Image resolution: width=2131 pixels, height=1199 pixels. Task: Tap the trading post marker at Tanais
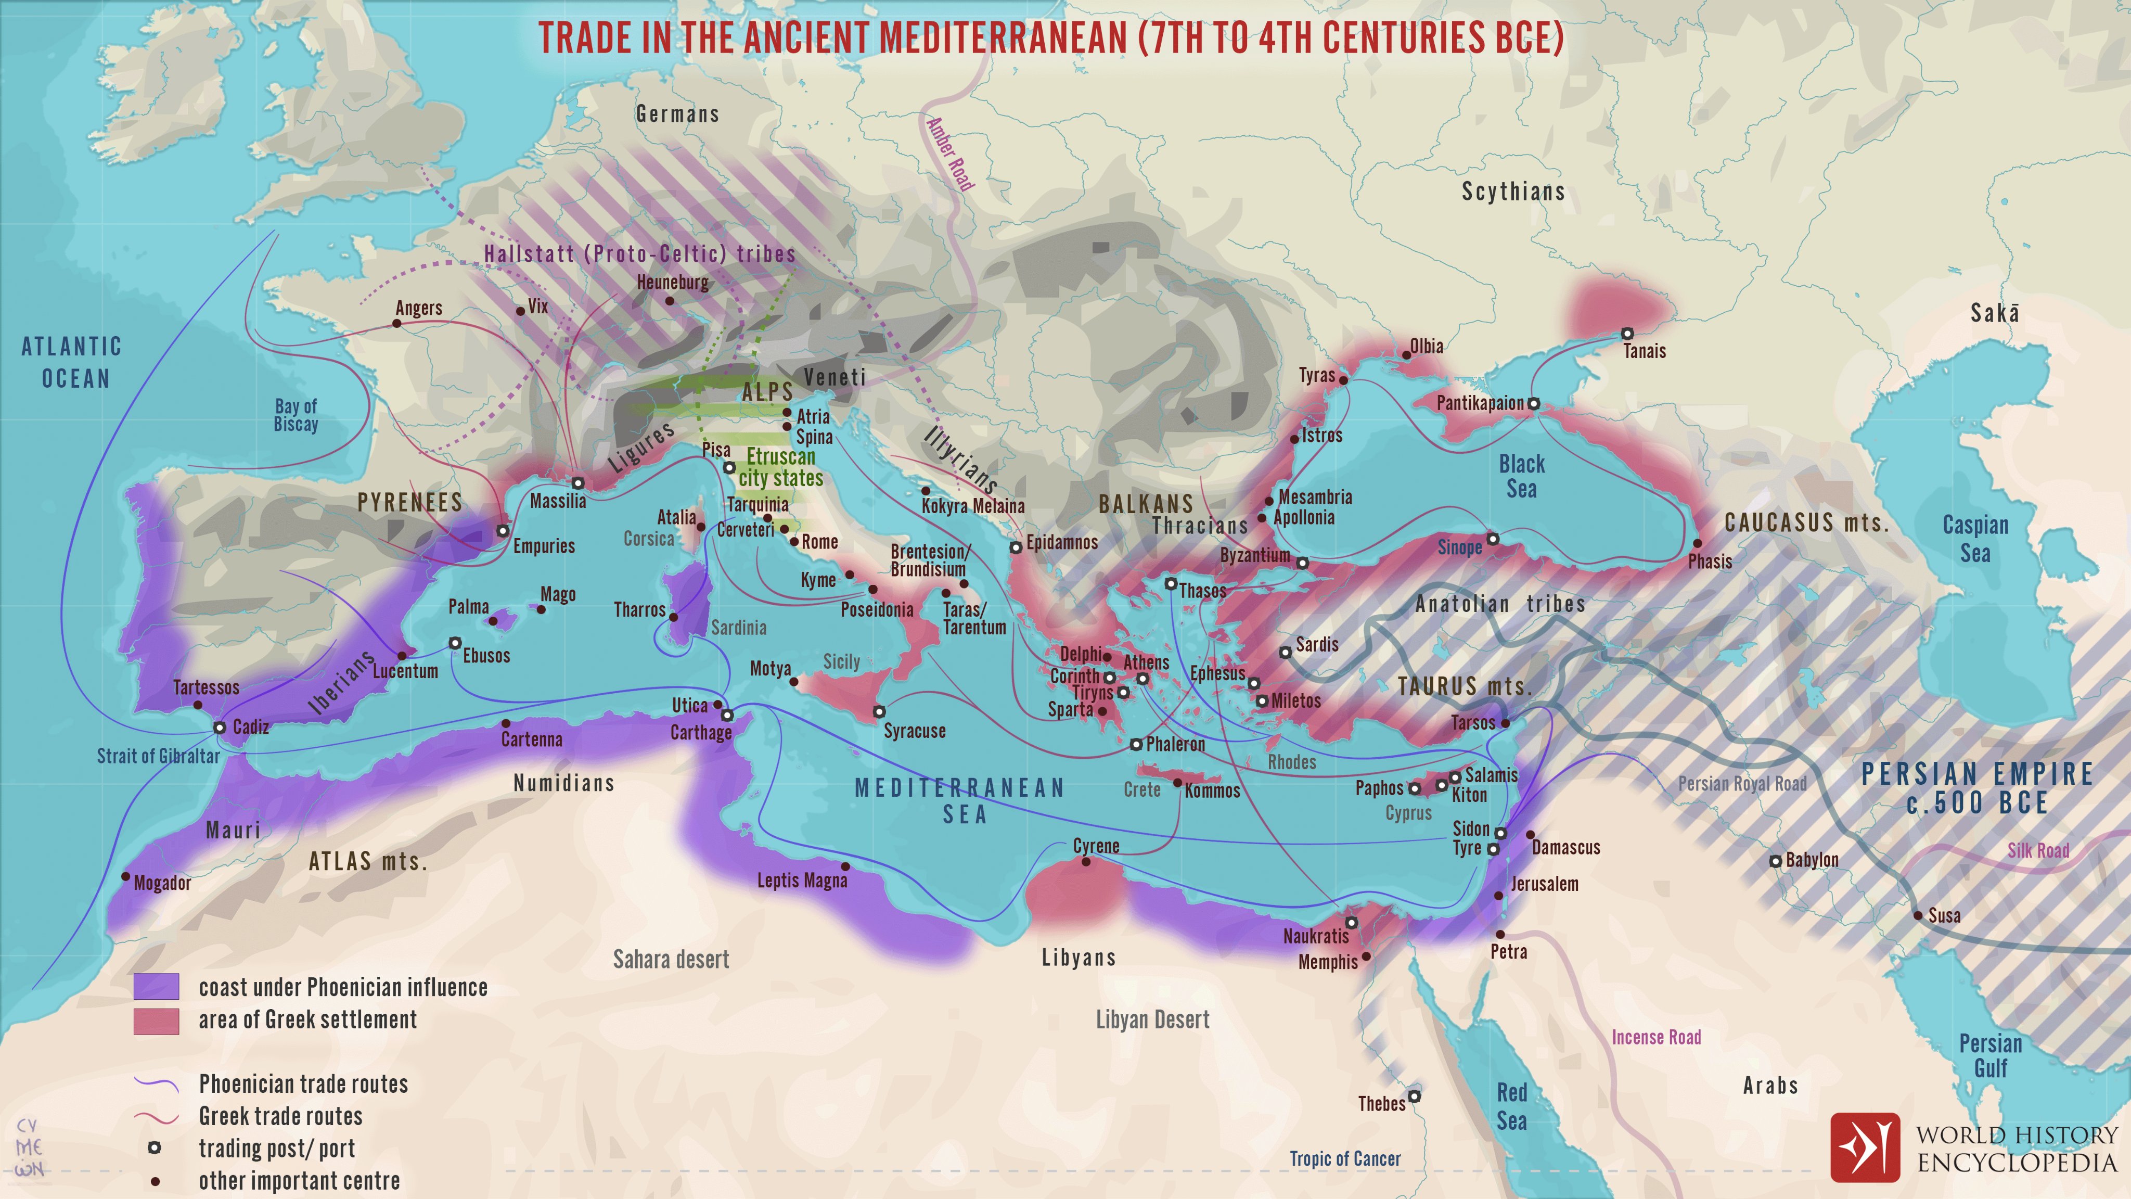coord(1626,334)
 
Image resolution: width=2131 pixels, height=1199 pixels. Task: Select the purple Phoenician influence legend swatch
coord(157,986)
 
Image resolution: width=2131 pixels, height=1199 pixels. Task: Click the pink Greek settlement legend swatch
coord(157,1021)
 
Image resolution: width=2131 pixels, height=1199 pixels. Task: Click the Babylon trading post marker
coord(1775,861)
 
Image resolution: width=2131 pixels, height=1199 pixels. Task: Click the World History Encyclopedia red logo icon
coord(1865,1147)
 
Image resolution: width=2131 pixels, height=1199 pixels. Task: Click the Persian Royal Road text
coord(1742,784)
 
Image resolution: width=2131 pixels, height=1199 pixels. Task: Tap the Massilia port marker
coord(578,482)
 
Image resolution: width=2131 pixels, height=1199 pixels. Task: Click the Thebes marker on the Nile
coord(1414,1096)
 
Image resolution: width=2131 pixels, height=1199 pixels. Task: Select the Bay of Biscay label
coord(296,415)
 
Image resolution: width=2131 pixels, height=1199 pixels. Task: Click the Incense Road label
coord(1655,1037)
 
